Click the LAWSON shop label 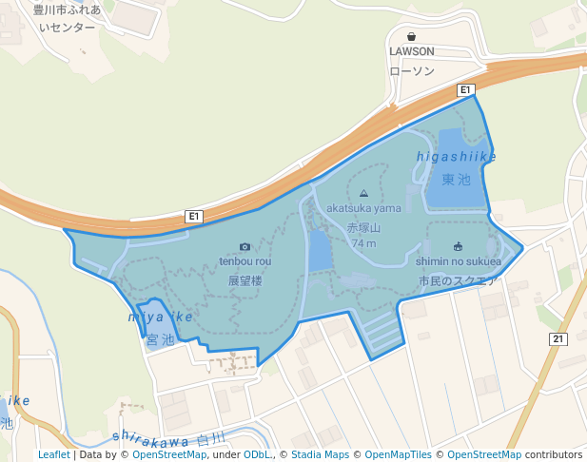point(412,51)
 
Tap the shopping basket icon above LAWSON point(412,36)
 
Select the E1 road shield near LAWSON point(465,90)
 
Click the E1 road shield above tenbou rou point(194,217)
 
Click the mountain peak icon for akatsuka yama point(363,192)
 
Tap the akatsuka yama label point(363,207)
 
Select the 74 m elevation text point(363,243)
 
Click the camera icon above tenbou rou point(245,246)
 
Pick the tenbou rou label point(245,261)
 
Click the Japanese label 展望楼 point(245,281)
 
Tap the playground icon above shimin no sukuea point(458,245)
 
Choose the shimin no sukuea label point(458,261)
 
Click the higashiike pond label point(456,156)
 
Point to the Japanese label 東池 point(457,179)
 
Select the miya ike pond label point(160,316)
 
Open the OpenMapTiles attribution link point(397,454)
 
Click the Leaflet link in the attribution point(53,454)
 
